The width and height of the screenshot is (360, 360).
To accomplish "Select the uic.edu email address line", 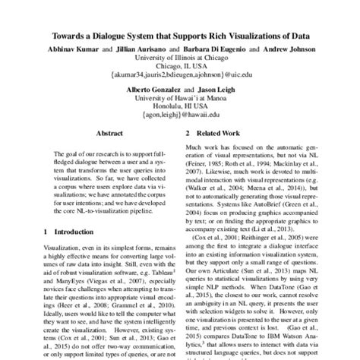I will [179, 76].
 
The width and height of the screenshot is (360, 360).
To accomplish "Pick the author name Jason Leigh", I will [214, 90].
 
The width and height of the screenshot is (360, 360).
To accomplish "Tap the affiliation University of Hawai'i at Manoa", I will [179, 99].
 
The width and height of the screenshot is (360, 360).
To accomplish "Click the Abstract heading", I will [103, 132].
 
